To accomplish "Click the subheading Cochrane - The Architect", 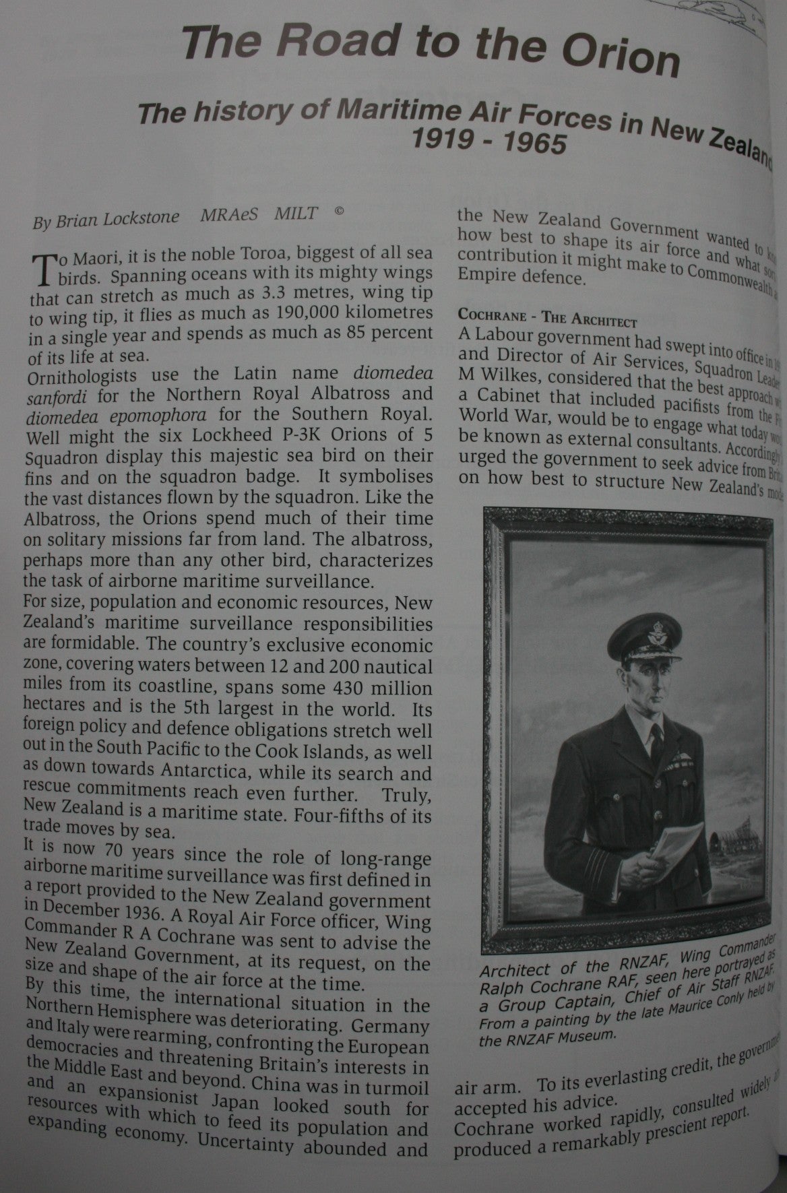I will pyautogui.click(x=547, y=315).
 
